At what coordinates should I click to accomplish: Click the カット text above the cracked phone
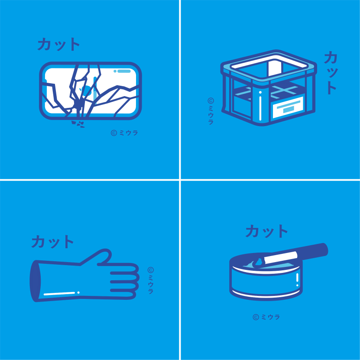[59, 44]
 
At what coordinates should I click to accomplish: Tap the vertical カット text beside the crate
[331, 73]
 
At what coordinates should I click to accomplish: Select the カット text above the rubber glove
[52, 242]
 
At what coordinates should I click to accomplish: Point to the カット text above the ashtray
[266, 231]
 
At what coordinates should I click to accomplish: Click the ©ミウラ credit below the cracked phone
[124, 133]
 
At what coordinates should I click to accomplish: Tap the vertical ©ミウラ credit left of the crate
[211, 111]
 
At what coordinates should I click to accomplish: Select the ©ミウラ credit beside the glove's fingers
[151, 280]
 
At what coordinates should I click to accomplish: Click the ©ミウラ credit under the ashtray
[266, 317]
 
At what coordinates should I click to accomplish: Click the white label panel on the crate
[288, 107]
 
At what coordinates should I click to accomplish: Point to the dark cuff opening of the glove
[34, 281]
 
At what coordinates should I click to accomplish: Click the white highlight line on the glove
[59, 293]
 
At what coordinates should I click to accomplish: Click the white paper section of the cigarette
[281, 258]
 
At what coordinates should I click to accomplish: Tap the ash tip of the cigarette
[258, 263]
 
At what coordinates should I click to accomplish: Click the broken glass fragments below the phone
[78, 124]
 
